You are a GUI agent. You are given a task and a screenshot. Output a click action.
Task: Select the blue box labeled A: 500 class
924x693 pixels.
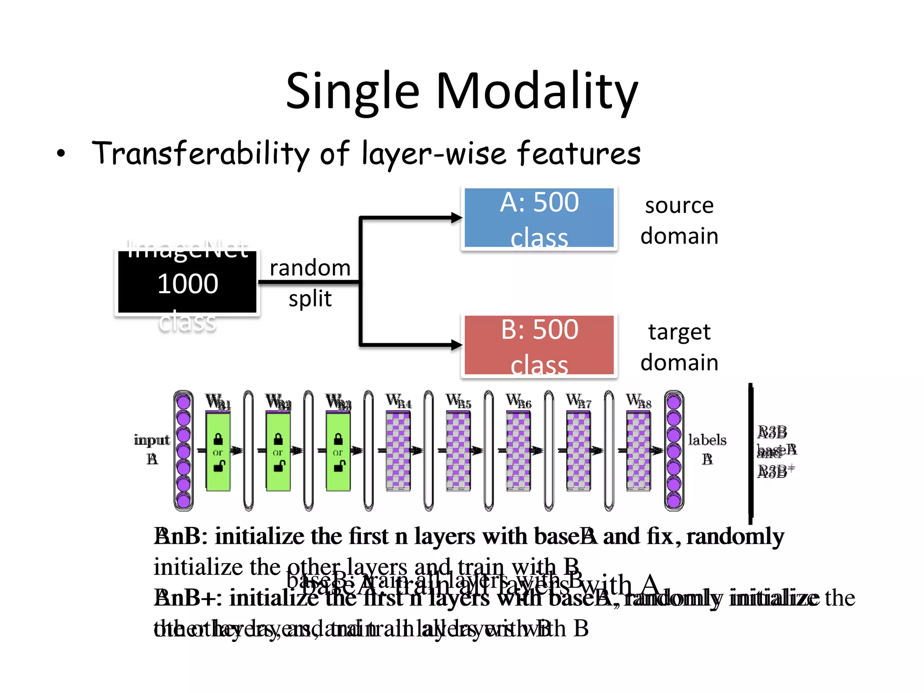click(539, 218)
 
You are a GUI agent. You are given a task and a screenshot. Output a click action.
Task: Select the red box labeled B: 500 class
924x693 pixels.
click(539, 345)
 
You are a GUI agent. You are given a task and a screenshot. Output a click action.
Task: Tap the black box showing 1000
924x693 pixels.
click(187, 283)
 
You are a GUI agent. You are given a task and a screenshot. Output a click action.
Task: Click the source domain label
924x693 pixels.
click(679, 221)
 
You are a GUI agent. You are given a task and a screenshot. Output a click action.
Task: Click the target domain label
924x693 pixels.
click(679, 347)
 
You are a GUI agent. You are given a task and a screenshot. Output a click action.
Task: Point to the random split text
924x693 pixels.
click(310, 283)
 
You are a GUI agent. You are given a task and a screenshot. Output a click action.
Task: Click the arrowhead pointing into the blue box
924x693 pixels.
click(457, 218)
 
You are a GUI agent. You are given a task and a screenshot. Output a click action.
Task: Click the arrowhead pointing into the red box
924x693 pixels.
click(457, 345)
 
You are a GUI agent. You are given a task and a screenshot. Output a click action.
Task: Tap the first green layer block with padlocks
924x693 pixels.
click(218, 451)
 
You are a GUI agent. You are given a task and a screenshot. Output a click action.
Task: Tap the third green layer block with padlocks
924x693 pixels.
click(338, 451)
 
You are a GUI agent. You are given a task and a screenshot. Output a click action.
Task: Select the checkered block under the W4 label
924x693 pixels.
click(398, 451)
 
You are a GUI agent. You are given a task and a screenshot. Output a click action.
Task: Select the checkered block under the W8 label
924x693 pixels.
click(638, 451)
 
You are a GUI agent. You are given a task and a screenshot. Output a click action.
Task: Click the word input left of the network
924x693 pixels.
click(152, 440)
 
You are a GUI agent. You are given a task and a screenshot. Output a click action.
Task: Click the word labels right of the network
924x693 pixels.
click(707, 440)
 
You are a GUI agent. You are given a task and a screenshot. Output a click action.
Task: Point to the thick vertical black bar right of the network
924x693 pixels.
click(751, 453)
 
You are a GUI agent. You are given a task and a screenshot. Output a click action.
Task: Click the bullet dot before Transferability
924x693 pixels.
click(61, 154)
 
